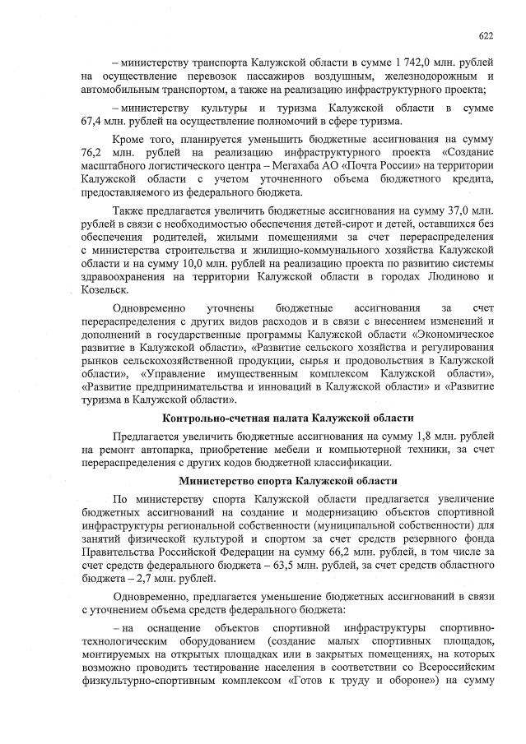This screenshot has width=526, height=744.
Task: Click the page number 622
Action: click(486, 35)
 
